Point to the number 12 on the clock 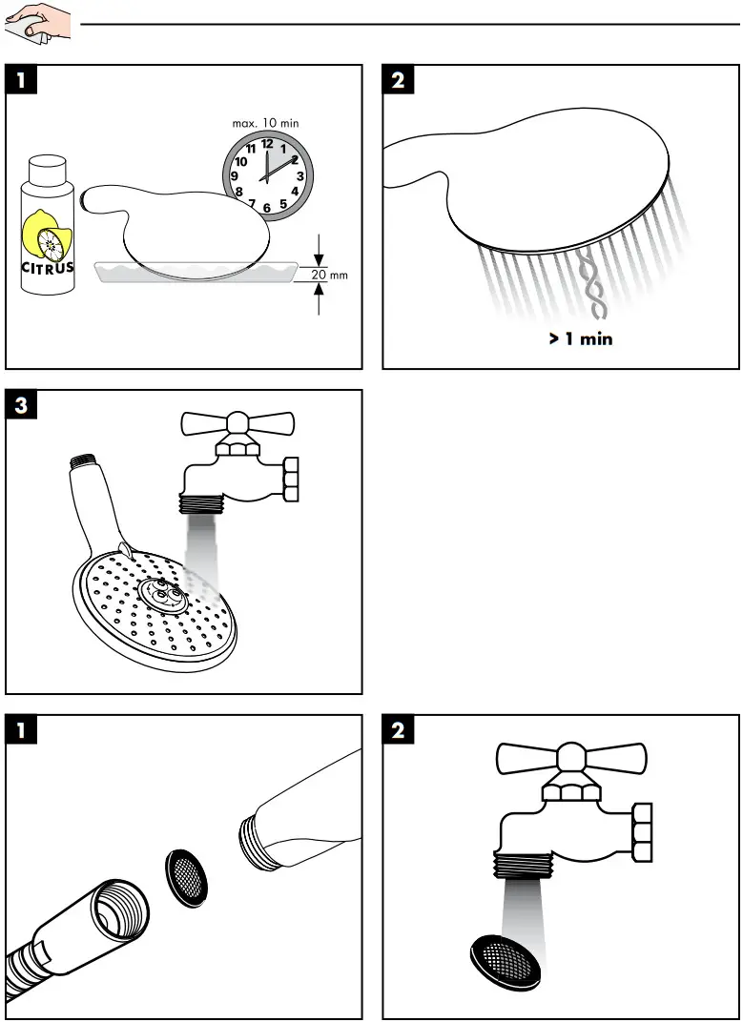[x=267, y=144]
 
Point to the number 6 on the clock [x=267, y=208]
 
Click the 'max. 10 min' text [x=265, y=123]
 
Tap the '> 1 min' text [x=580, y=338]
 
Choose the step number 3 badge [x=22, y=405]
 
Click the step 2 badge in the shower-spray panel [x=398, y=80]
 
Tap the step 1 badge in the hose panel [x=22, y=730]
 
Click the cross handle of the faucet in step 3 [x=237, y=423]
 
